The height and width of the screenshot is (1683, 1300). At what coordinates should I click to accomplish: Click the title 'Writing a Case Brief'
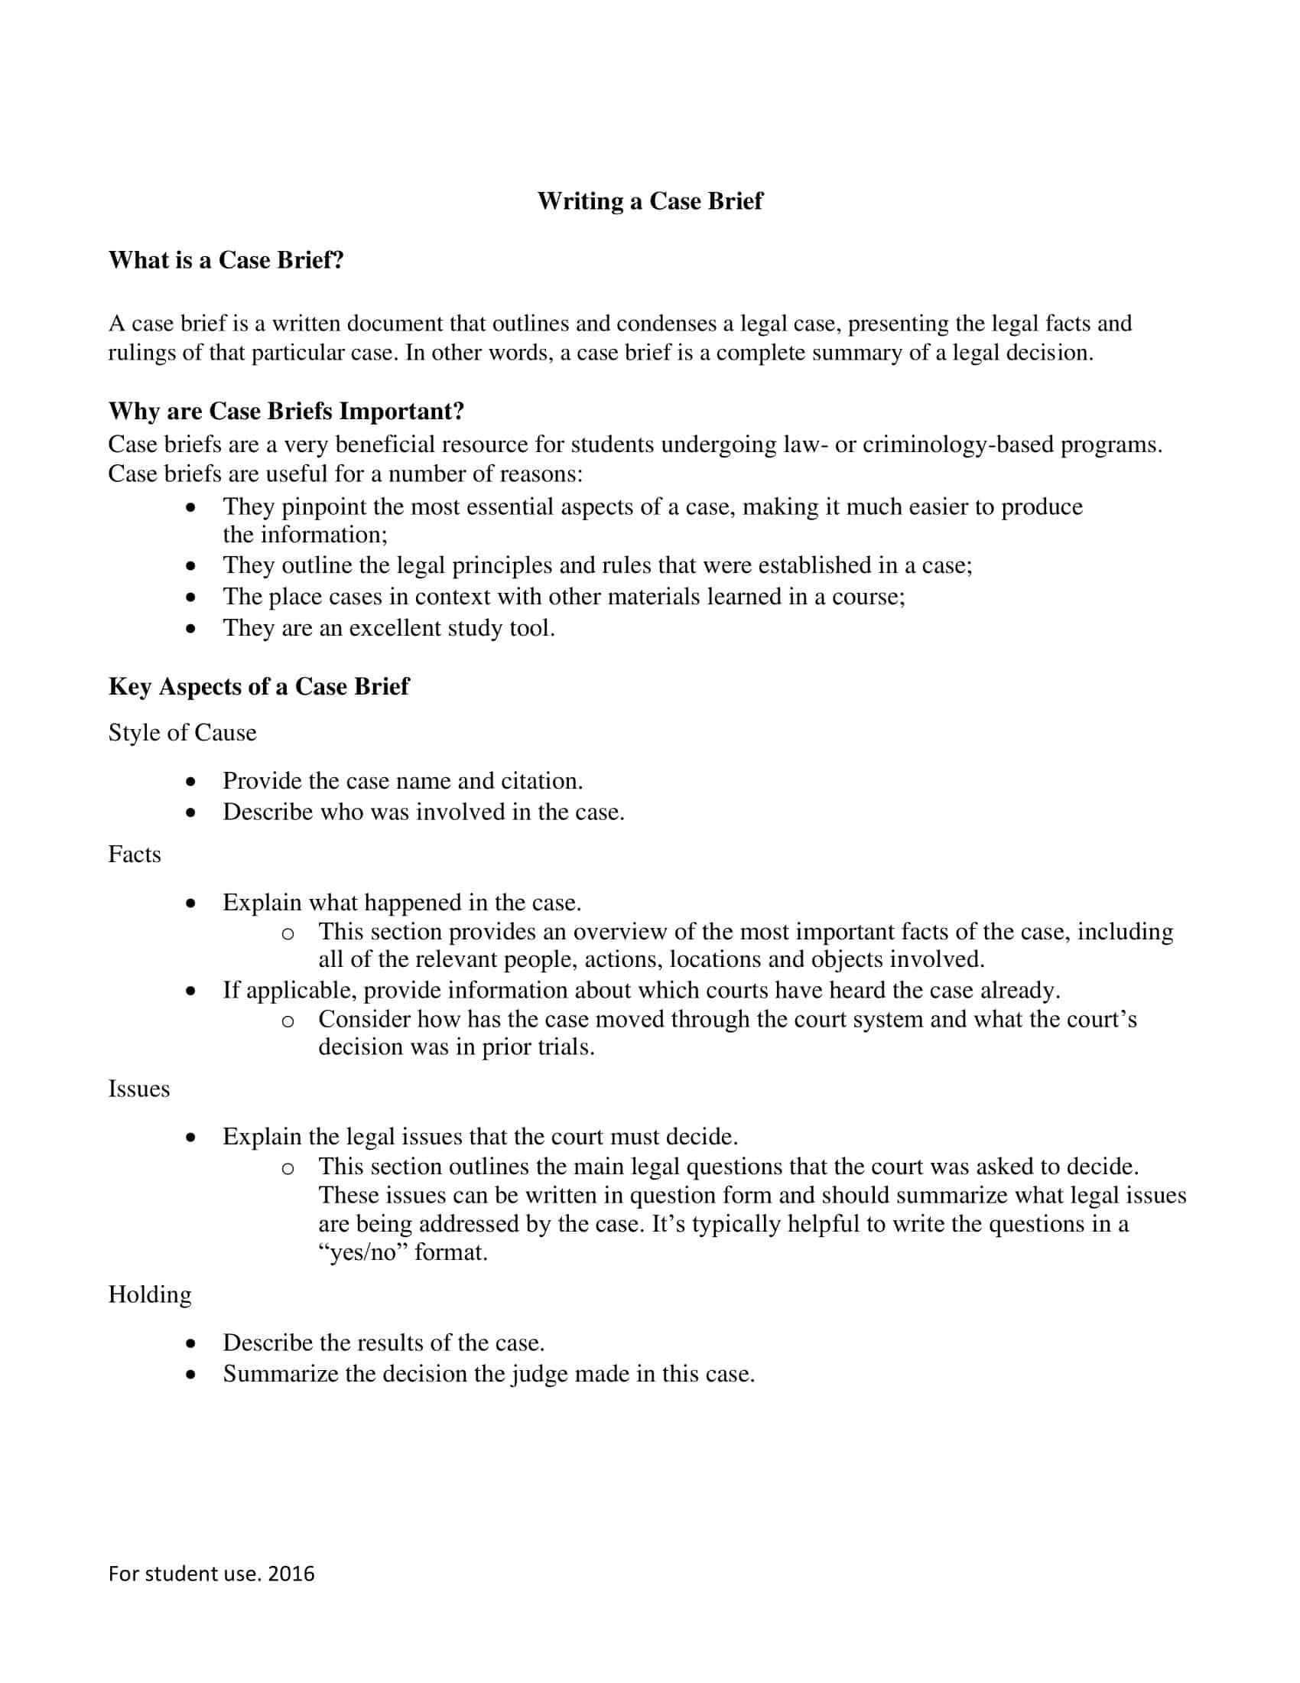pos(650,201)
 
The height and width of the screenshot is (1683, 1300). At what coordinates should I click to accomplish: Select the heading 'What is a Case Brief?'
pos(226,260)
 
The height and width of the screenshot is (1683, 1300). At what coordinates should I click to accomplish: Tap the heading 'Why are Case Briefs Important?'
pos(286,412)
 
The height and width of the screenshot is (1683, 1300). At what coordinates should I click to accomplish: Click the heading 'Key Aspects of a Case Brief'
pos(258,687)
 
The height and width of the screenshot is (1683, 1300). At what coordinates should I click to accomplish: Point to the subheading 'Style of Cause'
pos(182,733)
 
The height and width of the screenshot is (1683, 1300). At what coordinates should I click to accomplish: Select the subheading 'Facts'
pos(135,855)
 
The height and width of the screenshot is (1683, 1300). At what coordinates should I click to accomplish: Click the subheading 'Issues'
pos(138,1089)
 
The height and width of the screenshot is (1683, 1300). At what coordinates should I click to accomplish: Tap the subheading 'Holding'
pos(149,1294)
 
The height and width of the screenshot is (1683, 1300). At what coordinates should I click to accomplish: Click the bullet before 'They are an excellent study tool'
pos(191,629)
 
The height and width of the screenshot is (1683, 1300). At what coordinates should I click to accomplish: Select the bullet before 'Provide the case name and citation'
pos(191,782)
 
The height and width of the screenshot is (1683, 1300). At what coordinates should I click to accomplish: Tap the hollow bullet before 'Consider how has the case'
pos(288,1021)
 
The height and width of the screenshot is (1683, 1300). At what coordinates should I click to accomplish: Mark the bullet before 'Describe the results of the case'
pos(191,1344)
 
